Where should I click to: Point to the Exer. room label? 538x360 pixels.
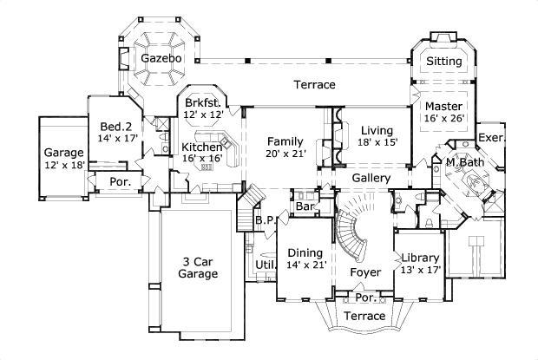491,138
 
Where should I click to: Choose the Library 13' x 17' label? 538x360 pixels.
420,264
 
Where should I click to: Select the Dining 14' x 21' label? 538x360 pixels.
304,258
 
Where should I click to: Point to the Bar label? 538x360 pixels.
305,207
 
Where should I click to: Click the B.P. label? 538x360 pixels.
266,220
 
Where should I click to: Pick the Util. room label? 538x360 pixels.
265,265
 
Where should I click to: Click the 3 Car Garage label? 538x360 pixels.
198,266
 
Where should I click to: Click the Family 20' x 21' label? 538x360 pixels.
285,147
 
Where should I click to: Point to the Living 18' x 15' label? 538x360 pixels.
378,136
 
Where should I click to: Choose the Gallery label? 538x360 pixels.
370,179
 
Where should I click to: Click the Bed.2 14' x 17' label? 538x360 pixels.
116,131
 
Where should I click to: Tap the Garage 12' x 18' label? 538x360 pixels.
64,159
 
